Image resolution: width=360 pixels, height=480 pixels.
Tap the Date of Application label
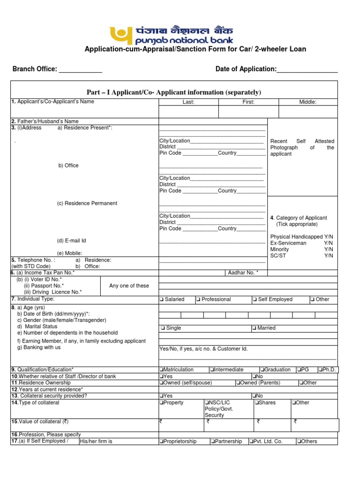[246, 69]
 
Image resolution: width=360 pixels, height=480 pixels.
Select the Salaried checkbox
[161, 300]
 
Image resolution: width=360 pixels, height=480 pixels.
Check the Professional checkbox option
[199, 300]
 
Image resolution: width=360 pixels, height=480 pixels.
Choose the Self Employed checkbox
[254, 300]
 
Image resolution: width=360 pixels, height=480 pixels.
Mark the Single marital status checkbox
[162, 328]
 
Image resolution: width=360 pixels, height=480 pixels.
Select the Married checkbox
[254, 328]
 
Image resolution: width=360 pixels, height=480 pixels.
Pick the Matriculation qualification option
[161, 370]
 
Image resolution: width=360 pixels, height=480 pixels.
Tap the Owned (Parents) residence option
[238, 383]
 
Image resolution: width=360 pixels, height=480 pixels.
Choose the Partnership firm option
[213, 442]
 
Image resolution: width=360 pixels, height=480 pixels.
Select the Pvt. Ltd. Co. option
[252, 442]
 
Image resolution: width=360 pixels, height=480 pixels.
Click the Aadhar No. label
[243, 273]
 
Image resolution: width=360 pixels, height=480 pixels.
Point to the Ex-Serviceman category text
[288, 243]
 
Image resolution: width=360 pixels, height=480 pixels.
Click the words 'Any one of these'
[129, 286]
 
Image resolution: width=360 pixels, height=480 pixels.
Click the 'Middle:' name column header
[307, 102]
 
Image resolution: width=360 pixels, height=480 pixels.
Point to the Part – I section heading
[173, 92]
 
